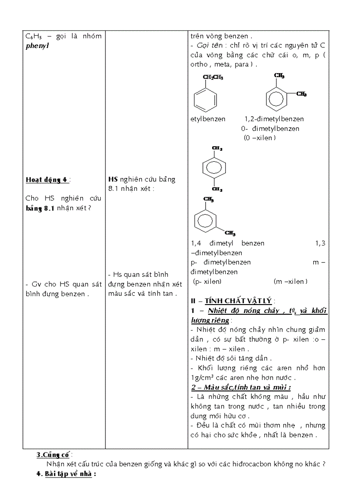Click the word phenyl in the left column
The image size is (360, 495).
coord(36,45)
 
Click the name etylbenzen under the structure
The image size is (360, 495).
coord(208,119)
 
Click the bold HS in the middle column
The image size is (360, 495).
coord(112,179)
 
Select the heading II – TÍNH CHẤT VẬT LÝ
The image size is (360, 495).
coord(232,301)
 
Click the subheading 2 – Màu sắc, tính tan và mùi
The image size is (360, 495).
coord(241,387)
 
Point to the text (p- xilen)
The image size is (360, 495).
coord(207,282)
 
